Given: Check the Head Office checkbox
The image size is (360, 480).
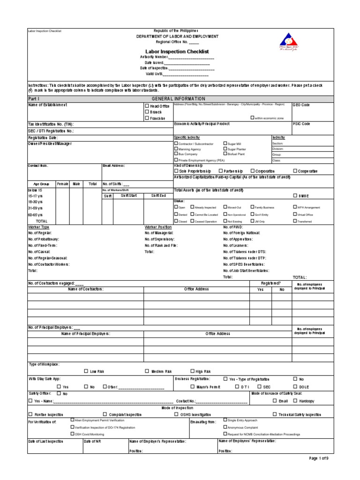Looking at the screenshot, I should [146, 106].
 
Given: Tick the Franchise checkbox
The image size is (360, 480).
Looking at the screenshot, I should [146, 118].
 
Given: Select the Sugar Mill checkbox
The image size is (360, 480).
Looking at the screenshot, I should [225, 143].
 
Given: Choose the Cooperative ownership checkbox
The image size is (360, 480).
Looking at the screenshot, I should [295, 171].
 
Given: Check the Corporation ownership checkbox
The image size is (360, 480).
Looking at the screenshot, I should [253, 171].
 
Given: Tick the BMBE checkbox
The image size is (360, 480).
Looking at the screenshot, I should [295, 195].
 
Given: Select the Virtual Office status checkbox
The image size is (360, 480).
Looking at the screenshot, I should [295, 214].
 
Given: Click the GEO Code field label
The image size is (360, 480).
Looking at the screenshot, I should [301, 105].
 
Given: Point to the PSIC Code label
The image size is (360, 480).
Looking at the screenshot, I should [301, 124].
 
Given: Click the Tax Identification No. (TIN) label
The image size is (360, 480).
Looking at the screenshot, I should [51, 124].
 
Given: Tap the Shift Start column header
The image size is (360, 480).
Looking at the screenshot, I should [129, 195].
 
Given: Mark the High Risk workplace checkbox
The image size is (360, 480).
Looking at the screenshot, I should [192, 371].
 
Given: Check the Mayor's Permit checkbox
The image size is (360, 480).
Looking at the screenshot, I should [192, 387].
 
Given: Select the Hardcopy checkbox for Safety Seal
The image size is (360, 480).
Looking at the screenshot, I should [295, 401].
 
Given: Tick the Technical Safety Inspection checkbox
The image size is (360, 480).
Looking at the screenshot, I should [275, 414].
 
